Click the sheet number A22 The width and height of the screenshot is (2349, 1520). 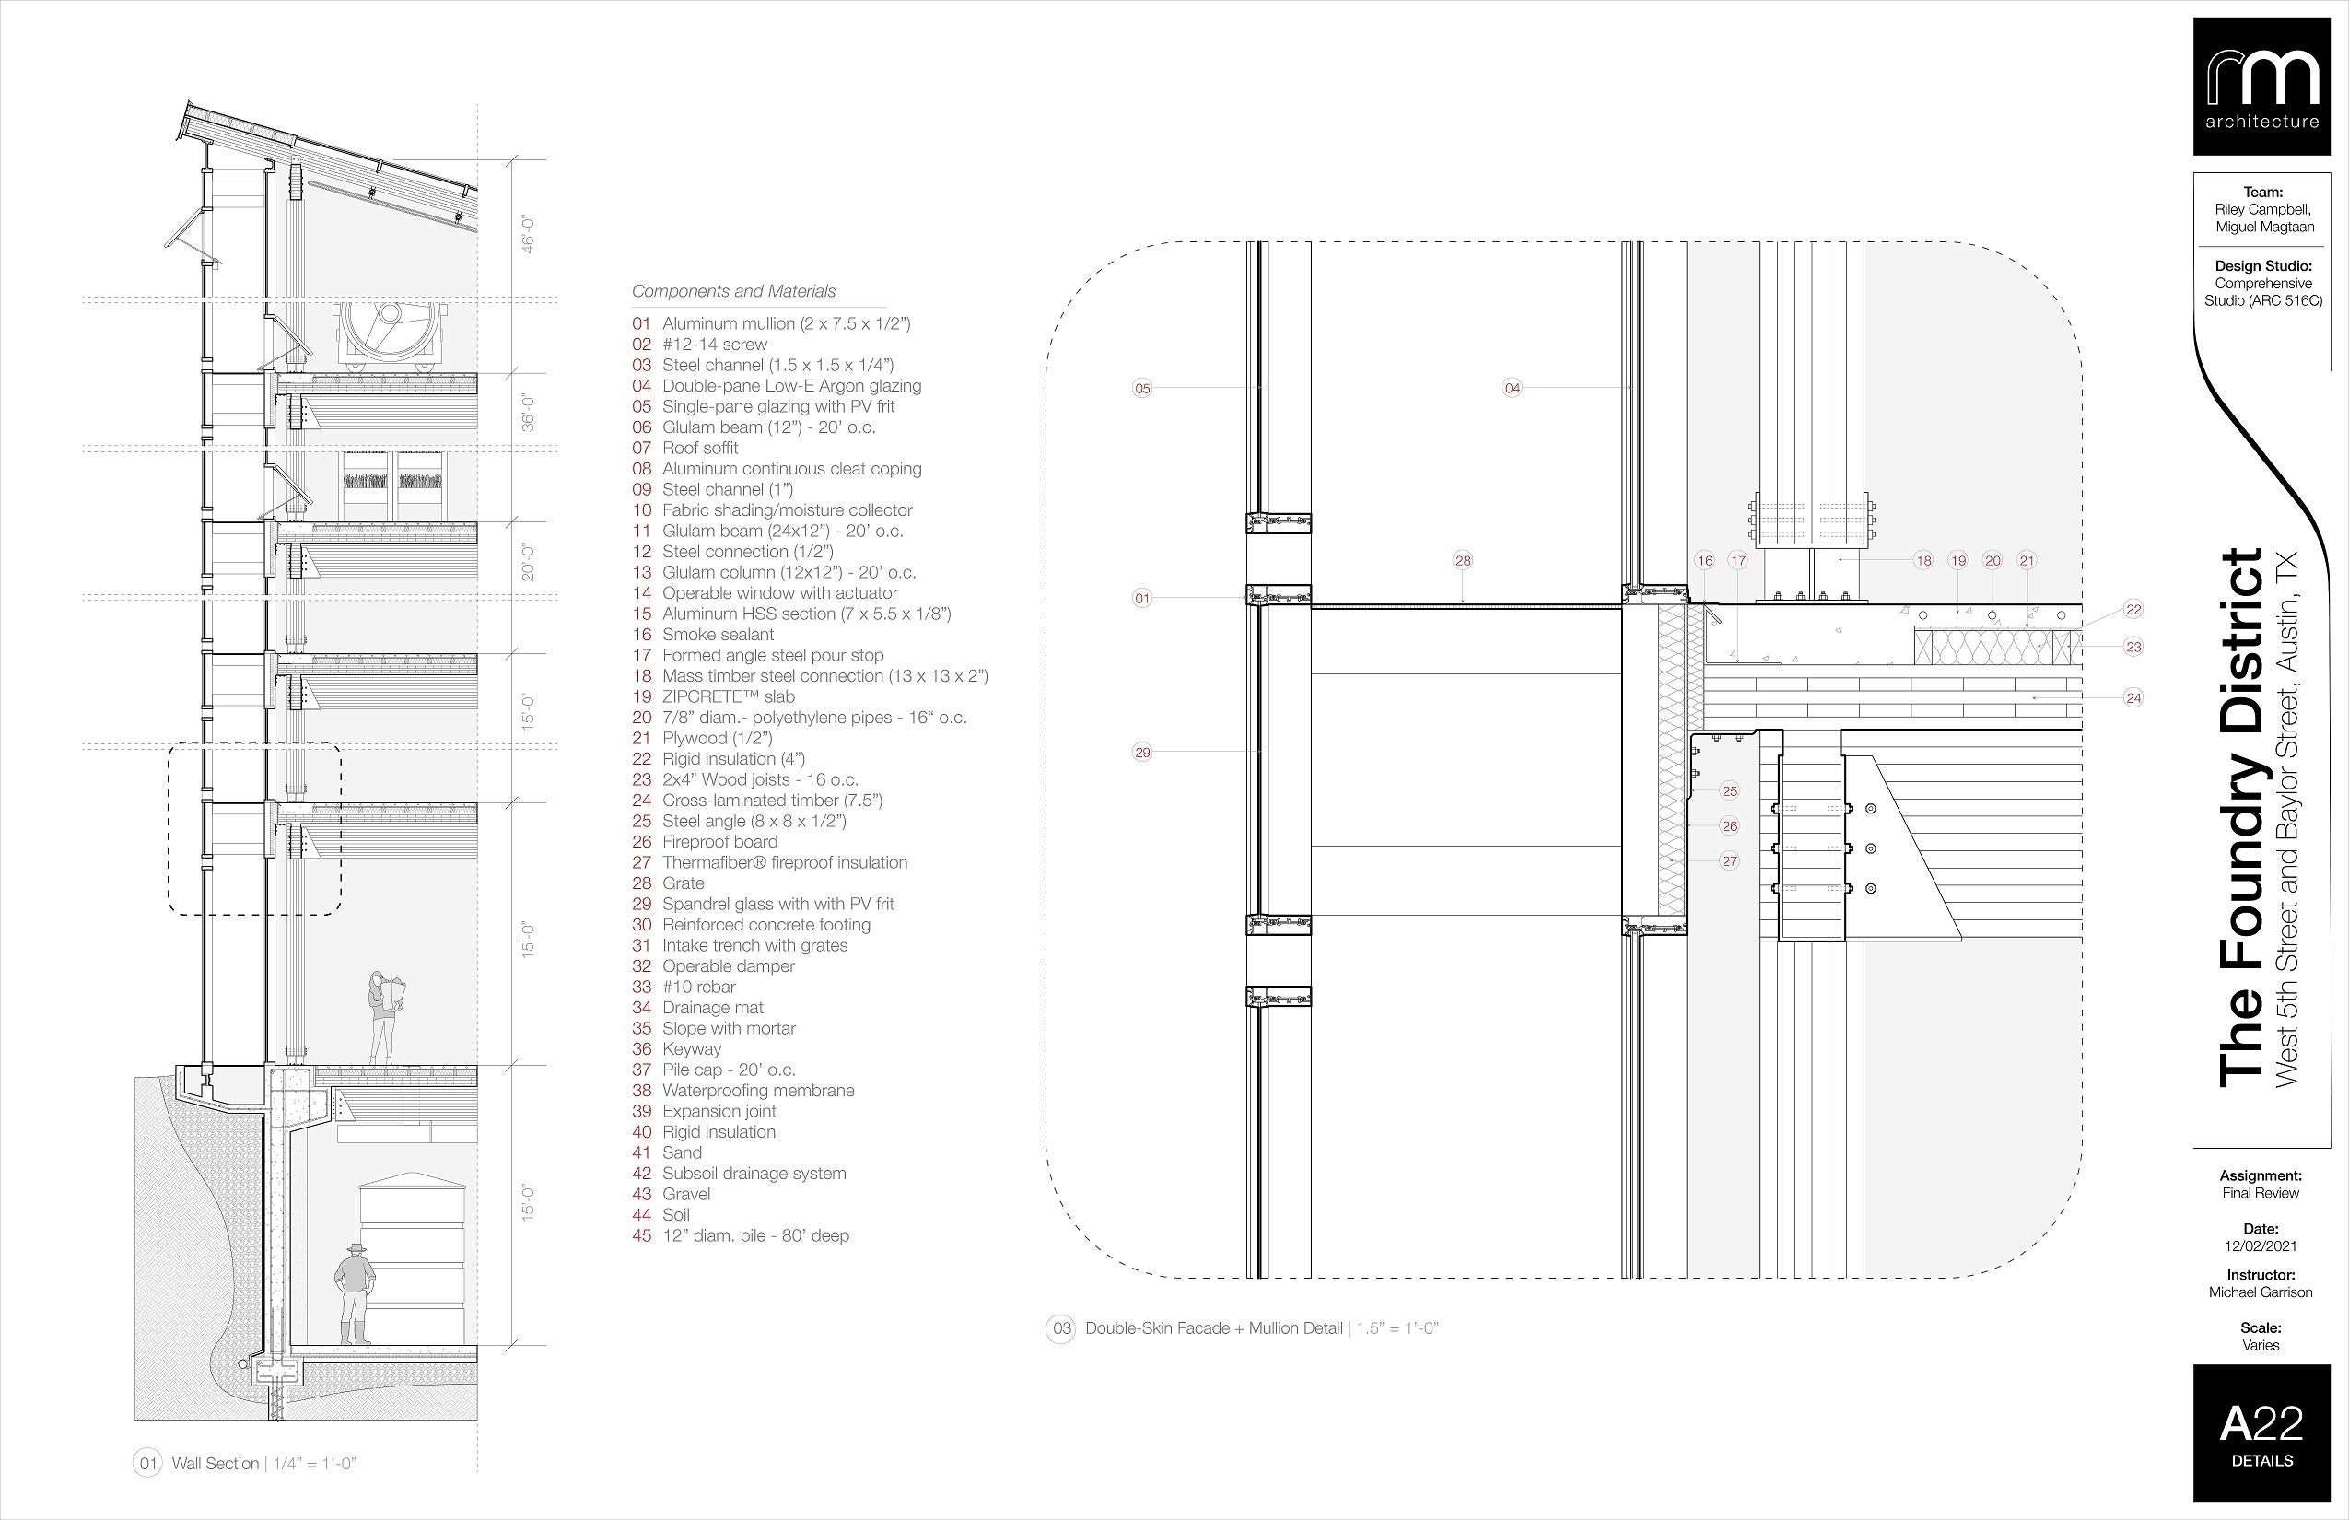click(2261, 1424)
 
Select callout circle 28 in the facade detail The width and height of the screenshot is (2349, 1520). click(1463, 561)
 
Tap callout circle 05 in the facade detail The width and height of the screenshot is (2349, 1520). click(1142, 388)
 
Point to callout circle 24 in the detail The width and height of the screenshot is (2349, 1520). click(2133, 698)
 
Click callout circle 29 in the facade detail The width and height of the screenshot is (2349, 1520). click(1142, 752)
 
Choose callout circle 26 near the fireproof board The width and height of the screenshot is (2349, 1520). click(1729, 826)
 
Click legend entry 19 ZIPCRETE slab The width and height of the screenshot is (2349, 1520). click(729, 696)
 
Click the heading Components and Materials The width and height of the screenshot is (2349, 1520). click(733, 291)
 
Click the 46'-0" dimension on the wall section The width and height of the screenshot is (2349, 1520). click(529, 231)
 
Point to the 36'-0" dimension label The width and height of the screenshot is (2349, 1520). click(529, 413)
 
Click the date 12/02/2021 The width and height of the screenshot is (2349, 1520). click(2261, 1246)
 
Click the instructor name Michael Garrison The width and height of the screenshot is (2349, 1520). click(2261, 1292)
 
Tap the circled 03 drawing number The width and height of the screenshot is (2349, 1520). click(1061, 1328)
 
